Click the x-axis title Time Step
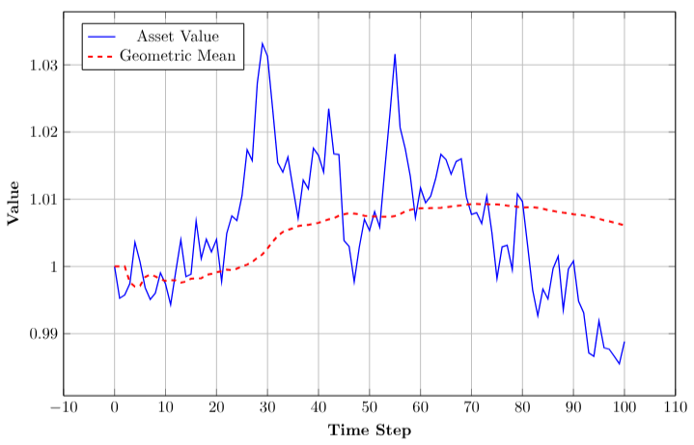[370, 430]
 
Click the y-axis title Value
[14, 202]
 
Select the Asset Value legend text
[179, 37]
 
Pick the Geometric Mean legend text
[179, 56]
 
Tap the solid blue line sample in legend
[101, 37]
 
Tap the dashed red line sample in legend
[101, 56]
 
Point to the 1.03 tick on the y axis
[42, 65]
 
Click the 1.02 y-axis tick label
[42, 131]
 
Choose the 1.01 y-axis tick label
[42, 199]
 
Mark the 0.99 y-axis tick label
[42, 334]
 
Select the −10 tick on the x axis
[64, 407]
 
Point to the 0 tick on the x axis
[115, 407]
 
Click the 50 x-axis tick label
[370, 407]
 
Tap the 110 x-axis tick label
[675, 407]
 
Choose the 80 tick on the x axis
[522, 407]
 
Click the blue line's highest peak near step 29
[262, 43]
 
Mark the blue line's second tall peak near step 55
[395, 54]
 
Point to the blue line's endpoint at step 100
[625, 342]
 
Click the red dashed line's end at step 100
[625, 226]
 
